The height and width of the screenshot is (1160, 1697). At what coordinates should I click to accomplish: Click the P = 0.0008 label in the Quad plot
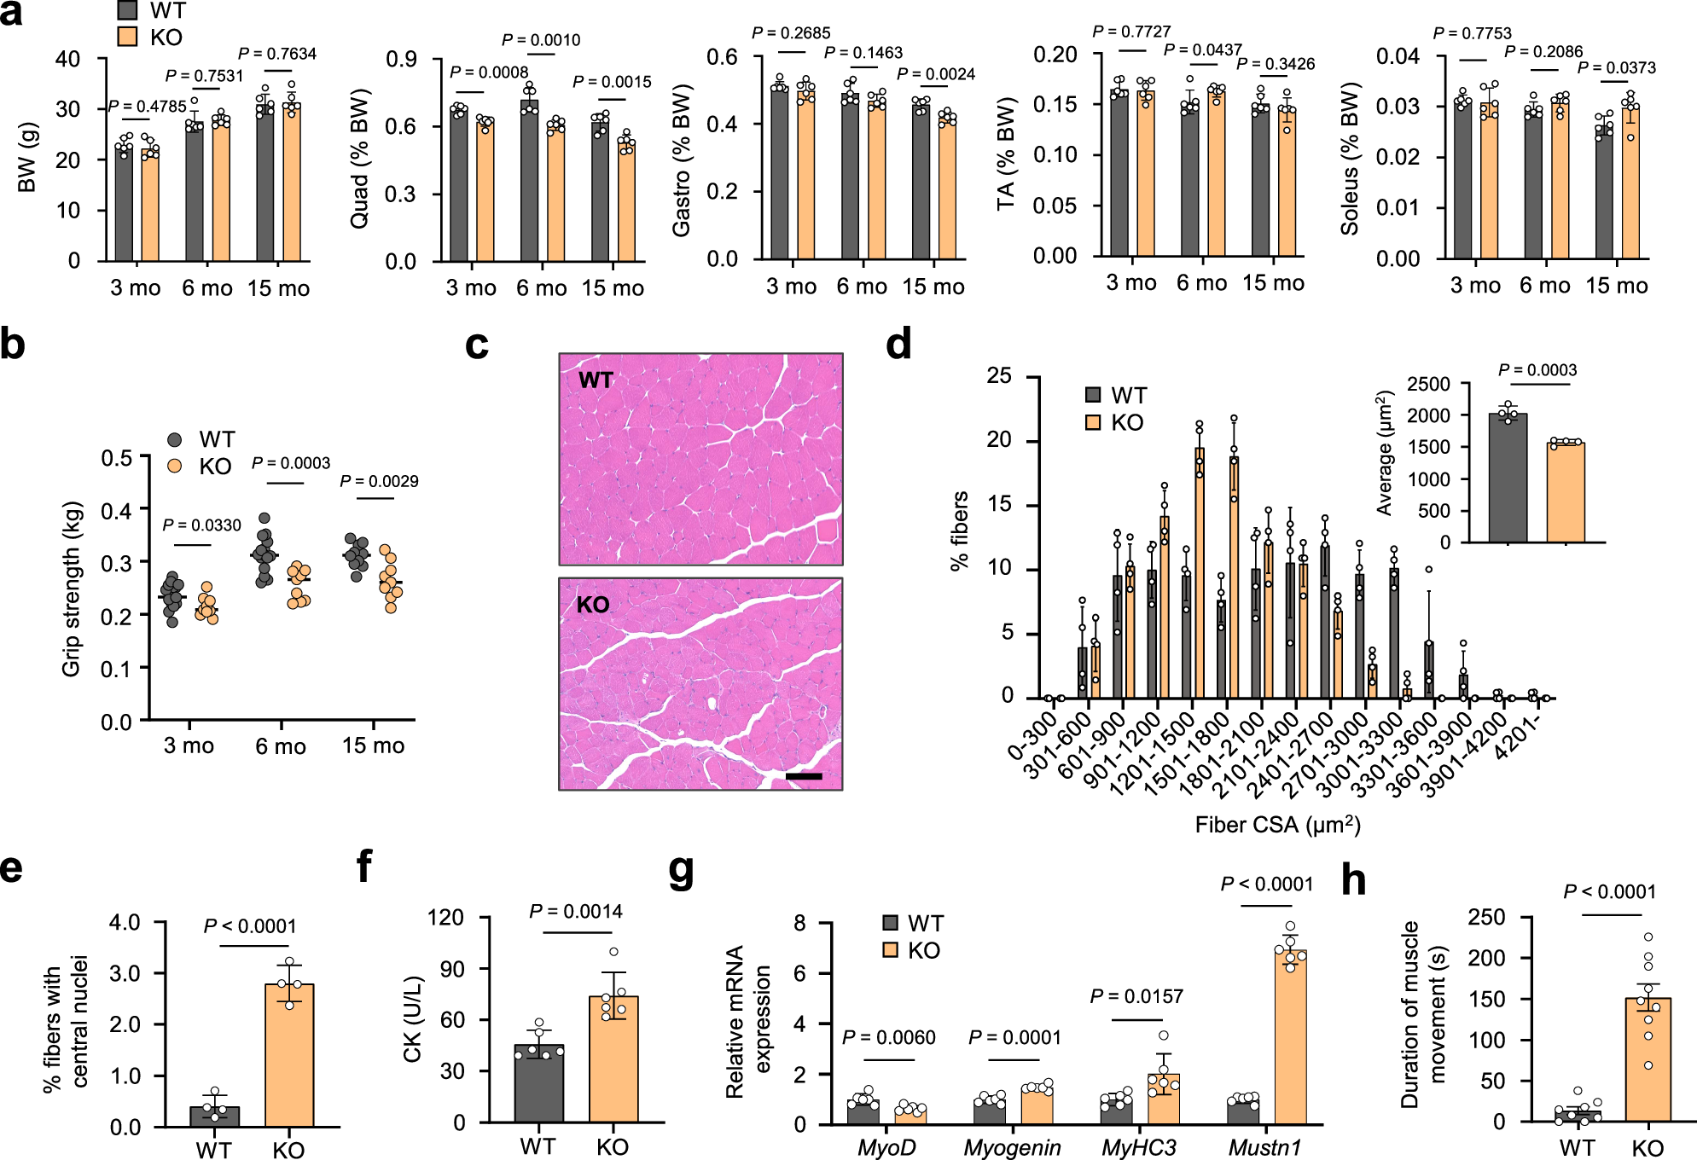point(489,72)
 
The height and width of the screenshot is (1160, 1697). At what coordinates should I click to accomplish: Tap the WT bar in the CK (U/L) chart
point(538,1083)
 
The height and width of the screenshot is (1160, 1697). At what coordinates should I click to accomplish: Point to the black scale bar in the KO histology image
point(803,776)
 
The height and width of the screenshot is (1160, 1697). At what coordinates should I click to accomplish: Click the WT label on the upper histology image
point(596,380)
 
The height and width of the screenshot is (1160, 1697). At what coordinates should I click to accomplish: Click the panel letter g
point(681,870)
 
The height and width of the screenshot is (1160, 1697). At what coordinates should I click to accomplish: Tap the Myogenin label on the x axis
point(1012,1148)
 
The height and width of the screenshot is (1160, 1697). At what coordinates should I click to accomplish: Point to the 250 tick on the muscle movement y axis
point(1486,917)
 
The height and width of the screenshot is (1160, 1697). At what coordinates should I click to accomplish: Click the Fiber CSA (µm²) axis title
point(1277,825)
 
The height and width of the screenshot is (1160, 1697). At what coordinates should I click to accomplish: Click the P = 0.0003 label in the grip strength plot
point(291,463)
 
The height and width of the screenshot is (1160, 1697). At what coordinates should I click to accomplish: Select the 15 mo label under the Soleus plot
point(1617,286)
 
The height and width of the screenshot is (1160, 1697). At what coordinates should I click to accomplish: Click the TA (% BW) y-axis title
point(1007,154)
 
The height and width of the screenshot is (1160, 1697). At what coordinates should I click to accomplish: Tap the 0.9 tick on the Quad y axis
point(401,60)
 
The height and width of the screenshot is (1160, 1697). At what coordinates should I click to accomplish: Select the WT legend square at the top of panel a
point(127,10)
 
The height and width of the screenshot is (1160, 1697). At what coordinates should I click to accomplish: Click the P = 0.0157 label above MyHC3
point(1136,996)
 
